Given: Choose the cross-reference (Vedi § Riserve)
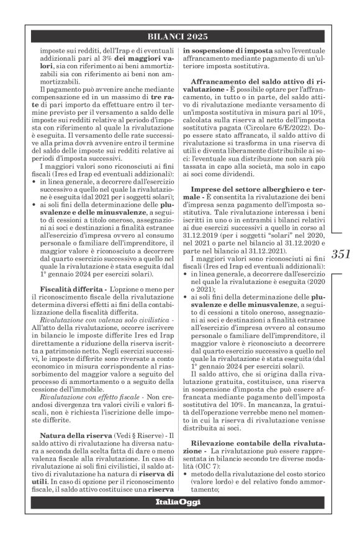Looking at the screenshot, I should pos(136,435).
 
